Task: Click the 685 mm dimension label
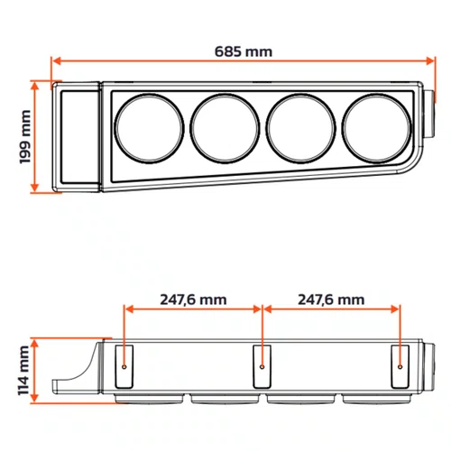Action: tap(244, 51)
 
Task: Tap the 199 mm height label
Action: tap(25, 137)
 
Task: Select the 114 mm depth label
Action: tap(23, 371)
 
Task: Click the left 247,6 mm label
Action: tap(193, 299)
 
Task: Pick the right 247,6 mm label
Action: tap(331, 299)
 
